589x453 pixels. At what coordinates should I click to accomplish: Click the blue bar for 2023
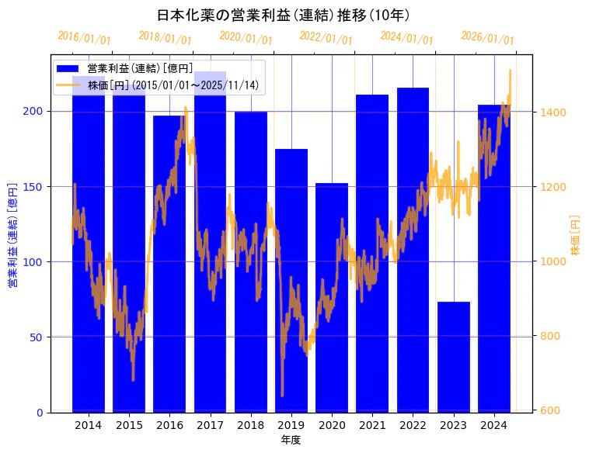click(454, 357)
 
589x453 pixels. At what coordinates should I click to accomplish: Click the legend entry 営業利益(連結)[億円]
click(140, 69)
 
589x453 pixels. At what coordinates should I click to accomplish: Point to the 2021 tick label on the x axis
click(373, 425)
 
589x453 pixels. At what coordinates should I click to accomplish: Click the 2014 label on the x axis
click(89, 425)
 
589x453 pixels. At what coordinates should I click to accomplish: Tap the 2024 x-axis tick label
click(494, 425)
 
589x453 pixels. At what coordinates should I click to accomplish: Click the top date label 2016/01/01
click(84, 38)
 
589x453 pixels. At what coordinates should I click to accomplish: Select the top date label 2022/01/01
click(326, 38)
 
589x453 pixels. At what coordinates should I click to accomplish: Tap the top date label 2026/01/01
click(487, 38)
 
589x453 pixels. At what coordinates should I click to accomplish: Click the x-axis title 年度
click(291, 440)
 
